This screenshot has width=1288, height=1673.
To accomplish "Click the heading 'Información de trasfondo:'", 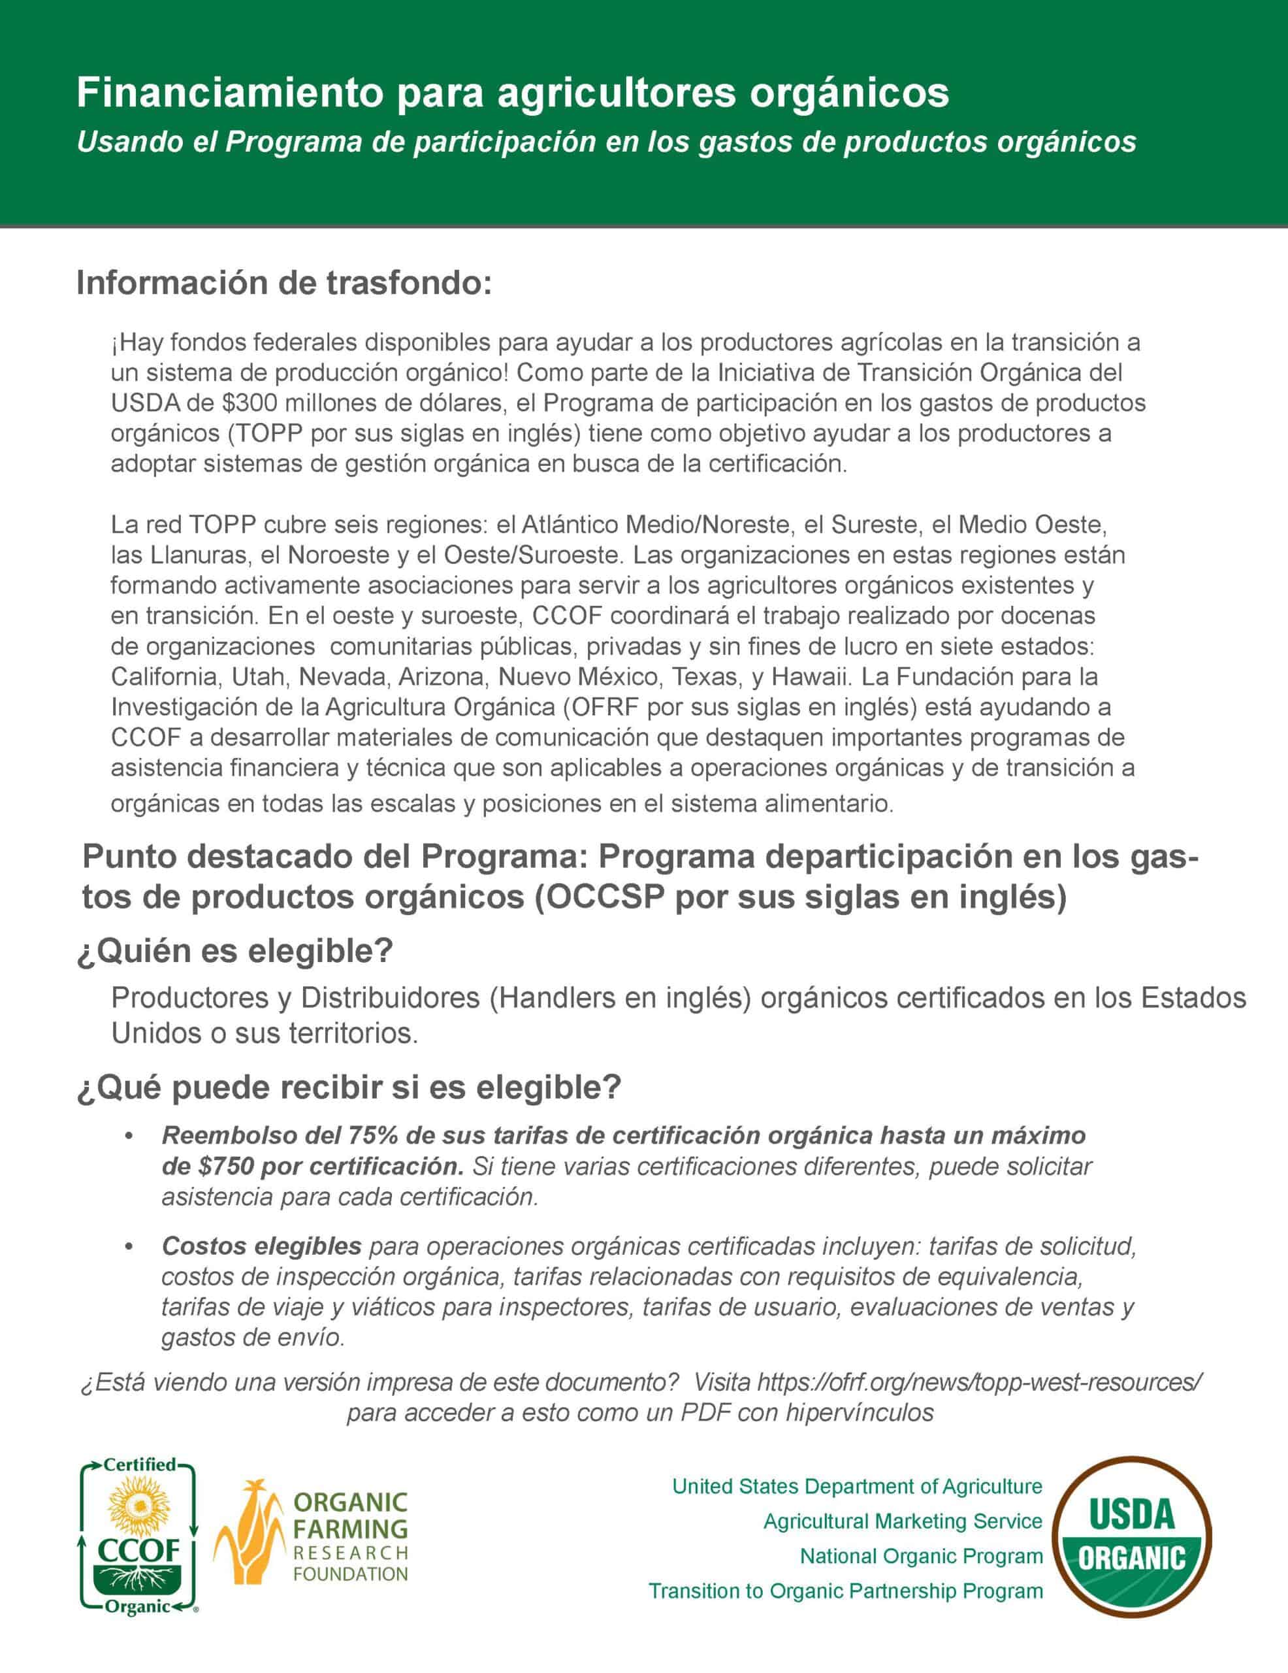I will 283,284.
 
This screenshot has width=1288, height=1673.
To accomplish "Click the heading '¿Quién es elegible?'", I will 234,952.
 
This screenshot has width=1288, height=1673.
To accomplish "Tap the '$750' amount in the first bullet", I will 226,1166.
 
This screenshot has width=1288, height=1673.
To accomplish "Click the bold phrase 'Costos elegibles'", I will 261,1246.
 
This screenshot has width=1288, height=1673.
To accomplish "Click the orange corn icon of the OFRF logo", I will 248,1534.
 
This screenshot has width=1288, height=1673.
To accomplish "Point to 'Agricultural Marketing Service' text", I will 903,1521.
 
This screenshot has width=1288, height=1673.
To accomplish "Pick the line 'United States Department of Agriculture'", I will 857,1486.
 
